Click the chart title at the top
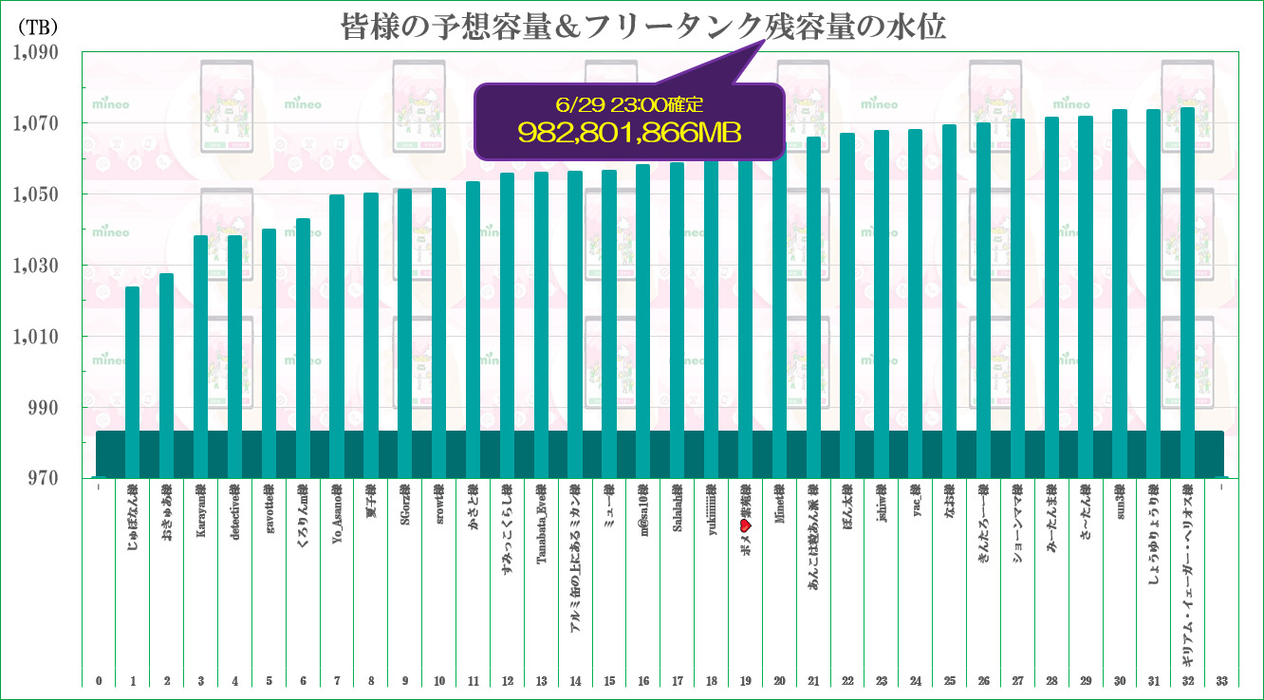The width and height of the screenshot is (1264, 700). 643,27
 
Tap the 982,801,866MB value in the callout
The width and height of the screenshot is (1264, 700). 629,131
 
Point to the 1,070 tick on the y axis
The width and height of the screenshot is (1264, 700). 35,123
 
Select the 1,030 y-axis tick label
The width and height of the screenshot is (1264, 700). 35,266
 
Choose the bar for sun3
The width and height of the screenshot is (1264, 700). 1120,294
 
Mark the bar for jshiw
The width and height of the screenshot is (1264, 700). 882,304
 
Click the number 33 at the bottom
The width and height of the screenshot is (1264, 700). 1221,680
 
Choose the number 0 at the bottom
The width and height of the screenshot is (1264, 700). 99,680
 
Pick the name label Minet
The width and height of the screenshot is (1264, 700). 779,507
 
